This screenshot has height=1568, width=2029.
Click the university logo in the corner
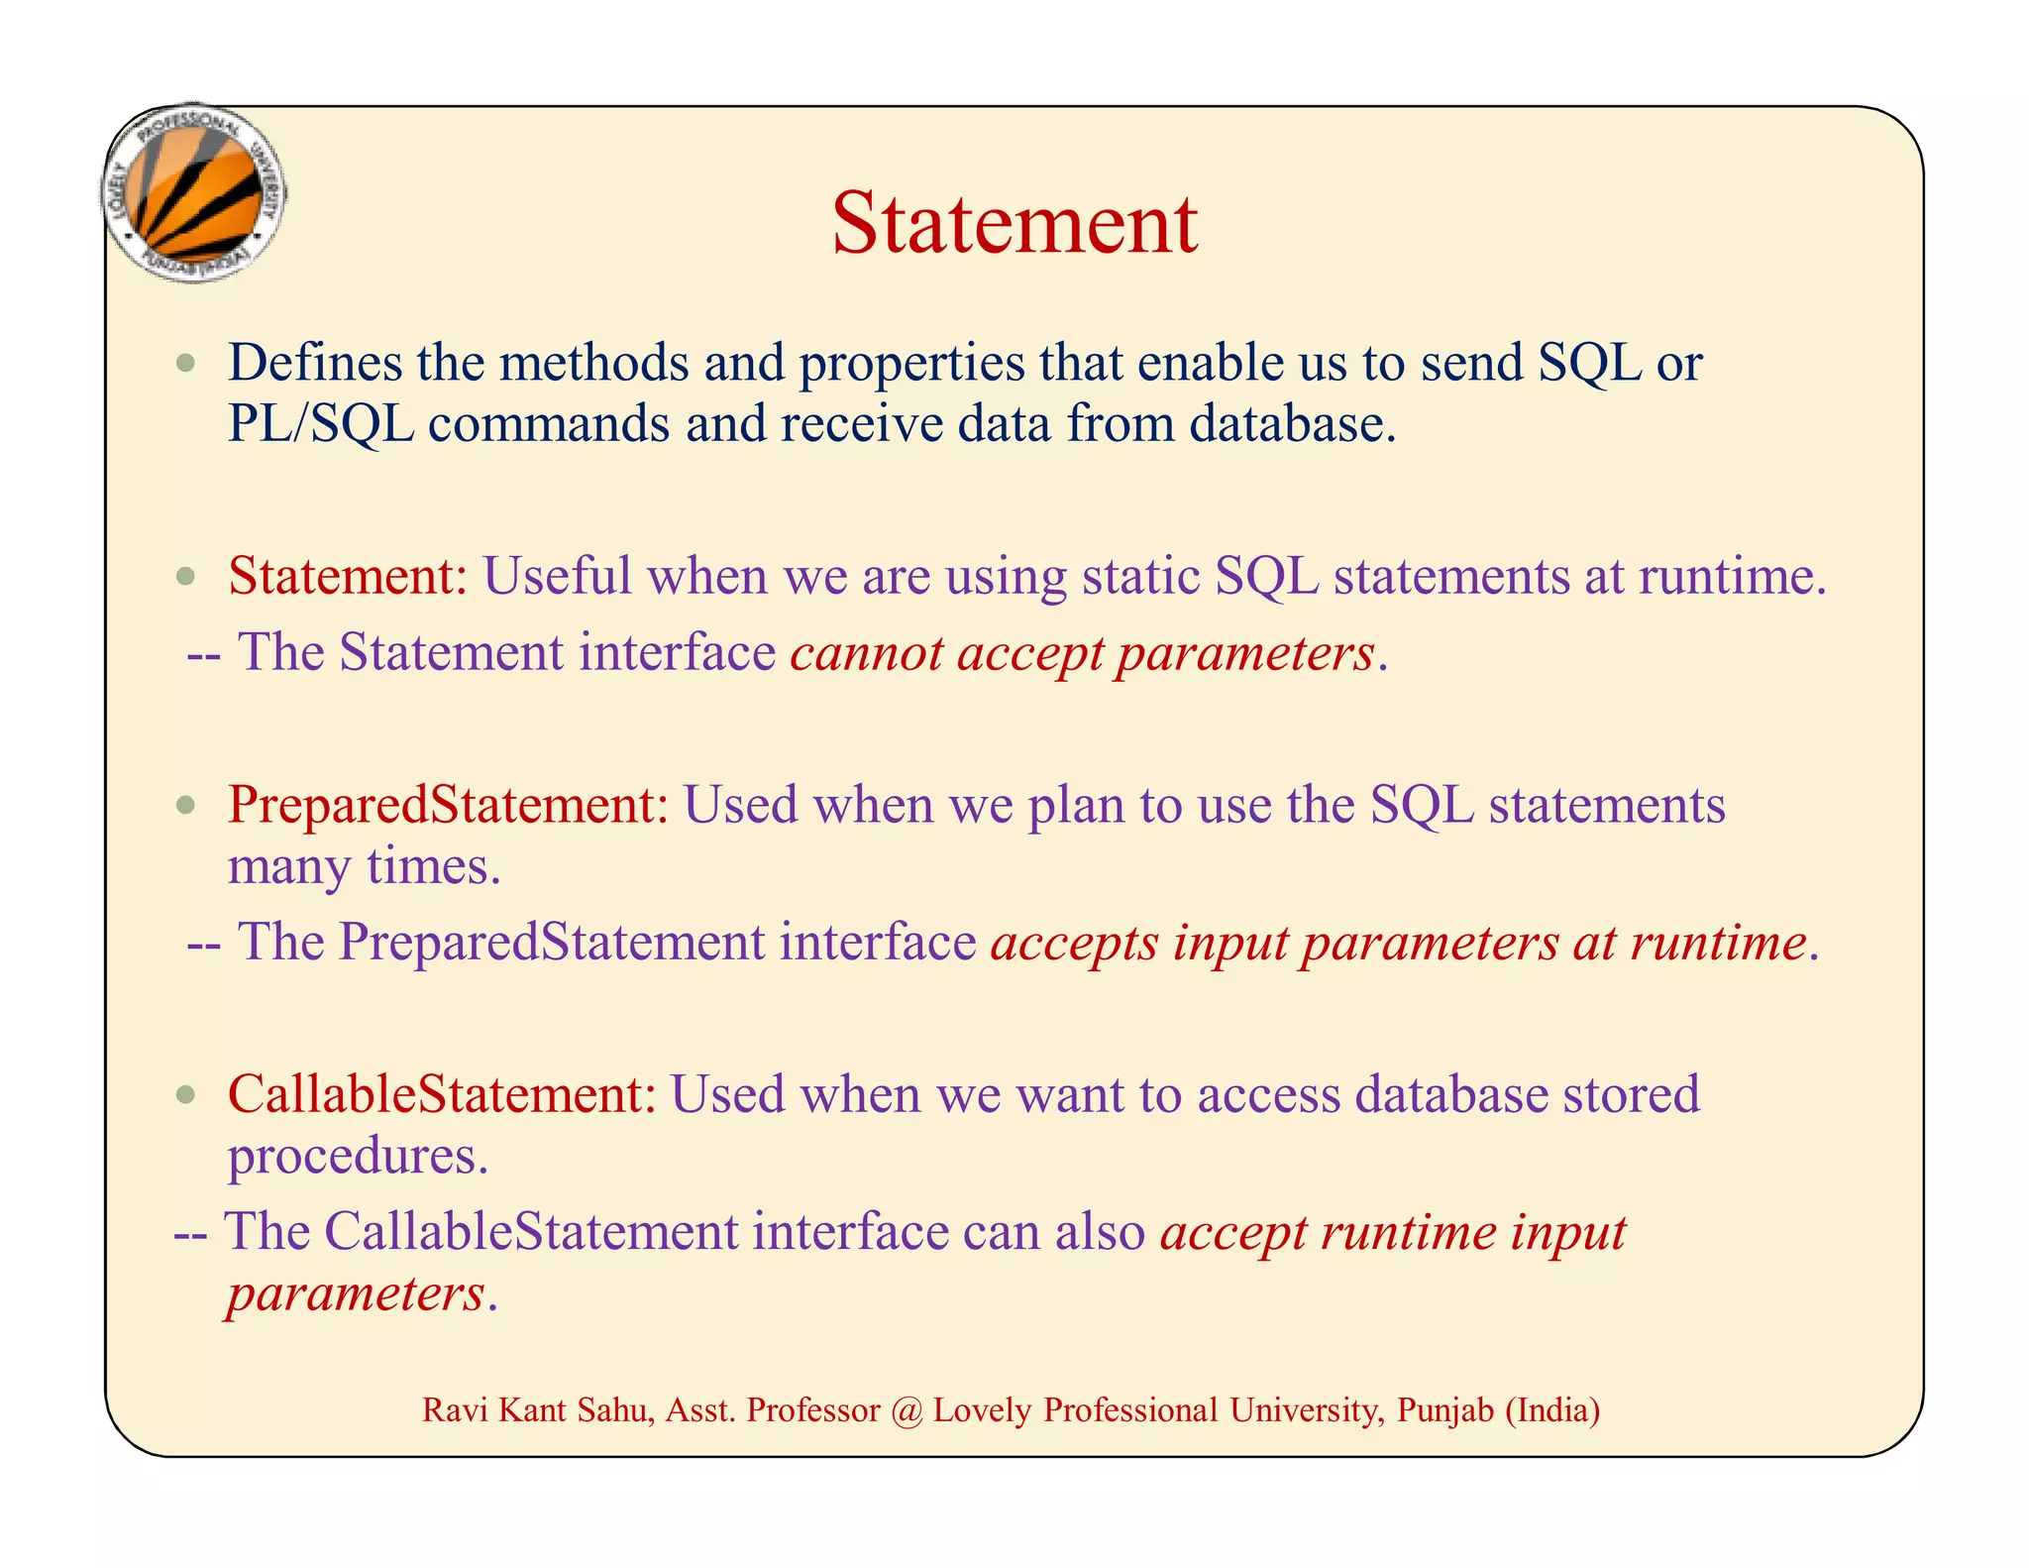195,194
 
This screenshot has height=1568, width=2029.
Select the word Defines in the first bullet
315,363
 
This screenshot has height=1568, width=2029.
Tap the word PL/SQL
320,424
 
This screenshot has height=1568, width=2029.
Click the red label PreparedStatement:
449,805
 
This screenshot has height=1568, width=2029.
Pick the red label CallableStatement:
442,1094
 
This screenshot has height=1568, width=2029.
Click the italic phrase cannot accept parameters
1082,654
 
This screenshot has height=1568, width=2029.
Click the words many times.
364,866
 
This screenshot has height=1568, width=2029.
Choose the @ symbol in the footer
906,1410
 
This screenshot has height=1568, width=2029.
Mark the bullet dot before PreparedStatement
186,806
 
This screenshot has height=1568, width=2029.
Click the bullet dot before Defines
186,364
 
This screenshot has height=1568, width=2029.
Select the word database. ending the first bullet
1292,424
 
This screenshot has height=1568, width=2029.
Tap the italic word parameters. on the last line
361,1294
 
